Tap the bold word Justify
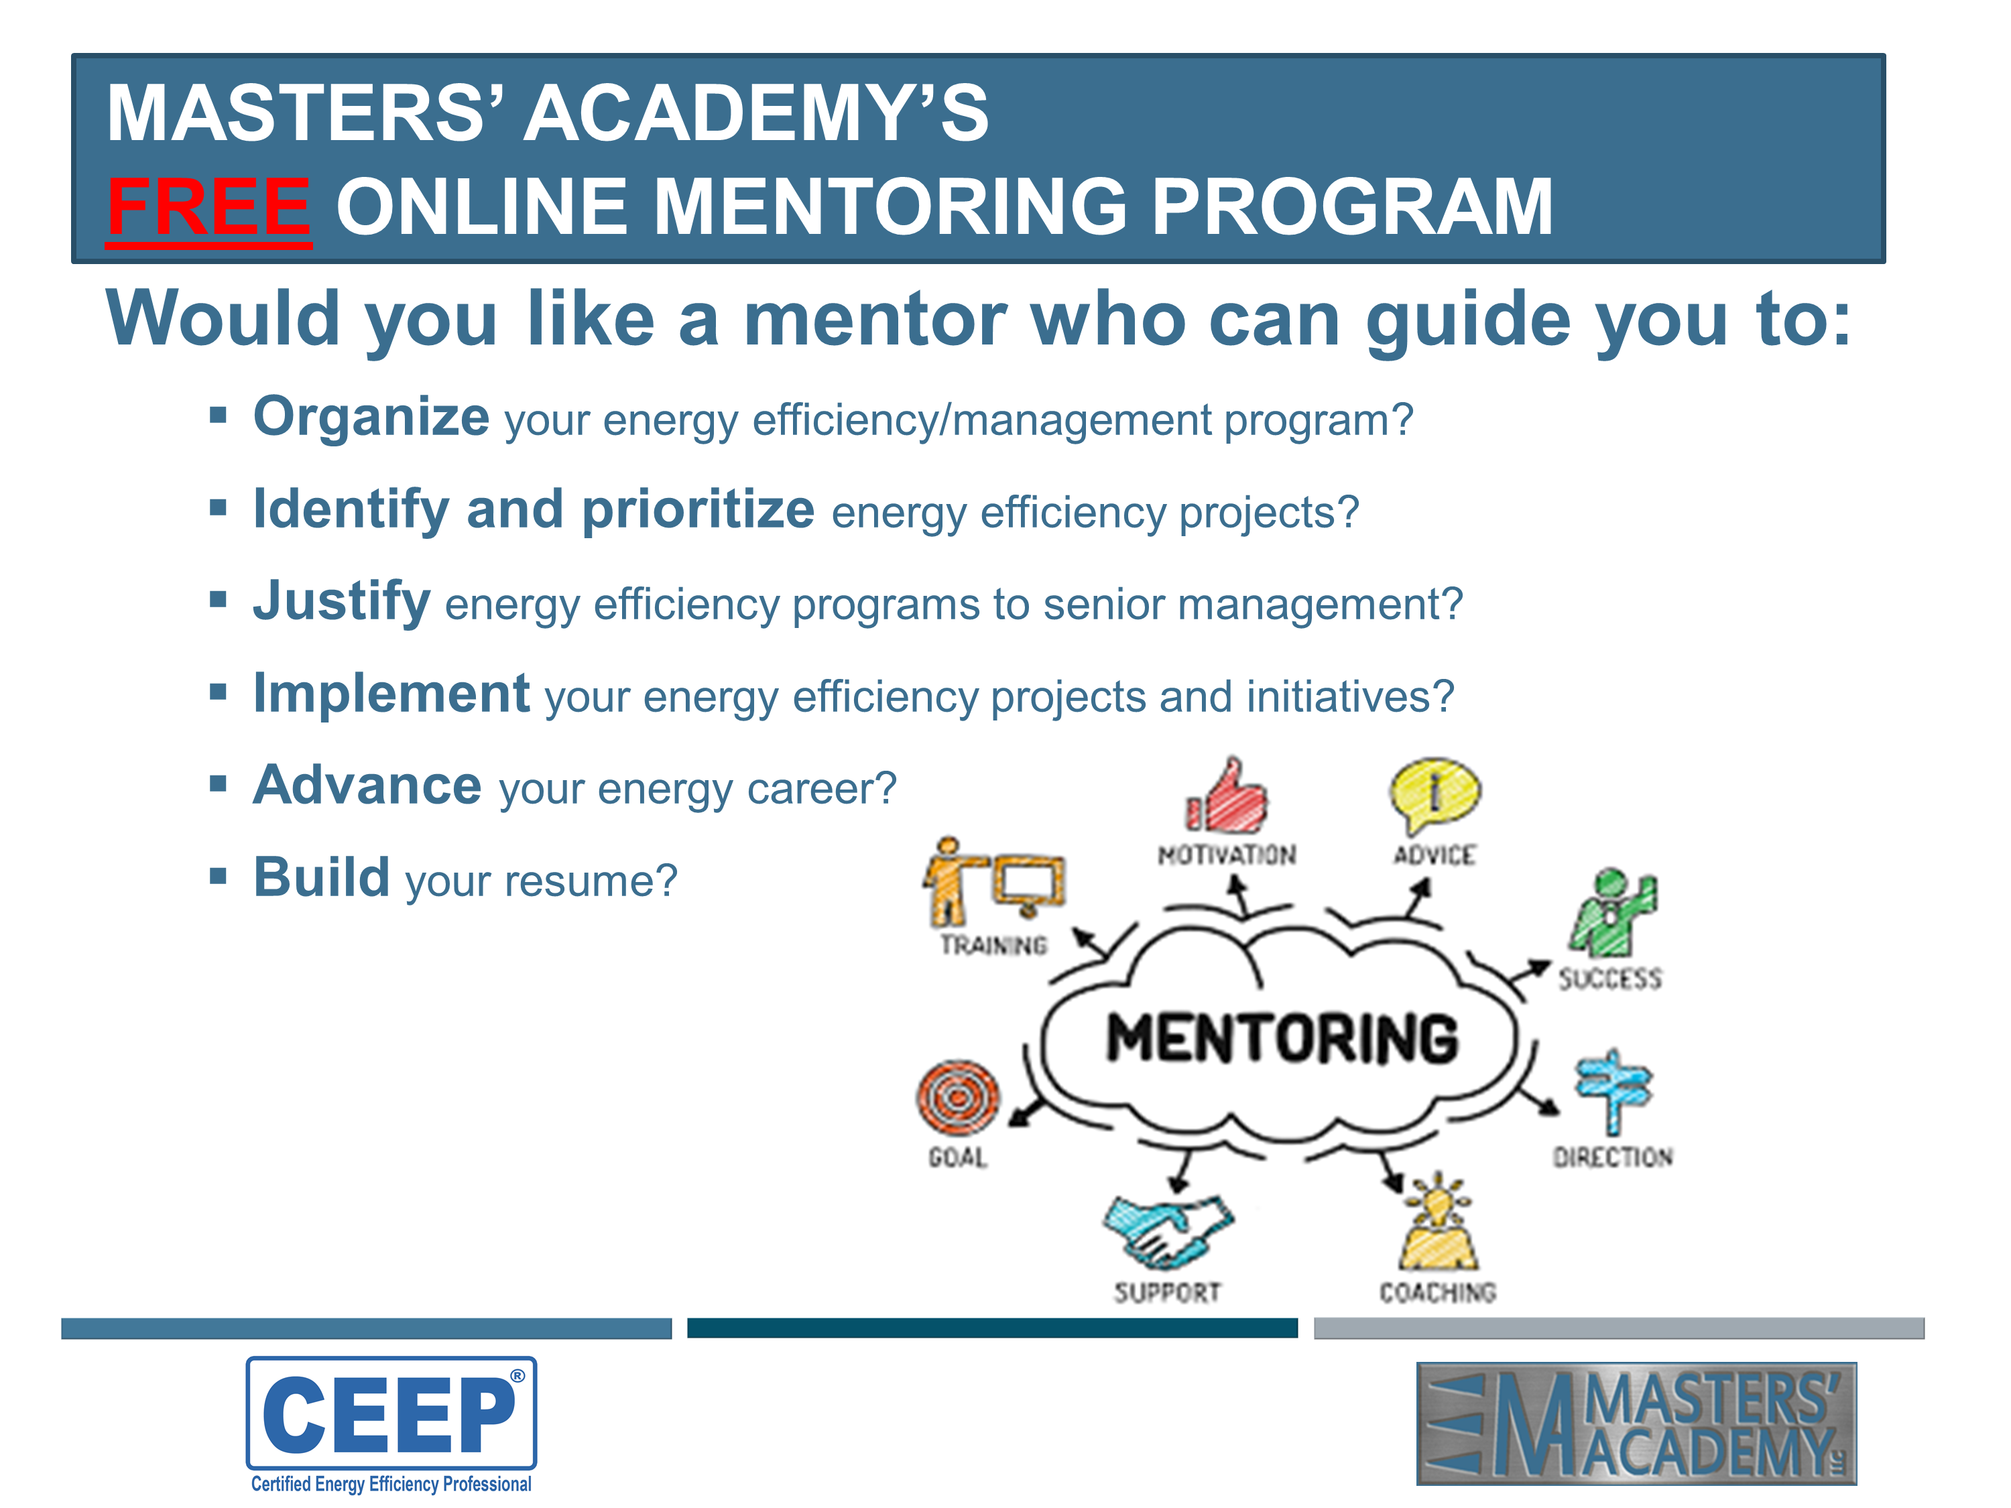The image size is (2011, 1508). click(x=342, y=602)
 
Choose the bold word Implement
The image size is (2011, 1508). click(x=392, y=694)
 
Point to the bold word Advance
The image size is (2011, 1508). click(x=367, y=786)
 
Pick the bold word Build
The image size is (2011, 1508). click(x=322, y=878)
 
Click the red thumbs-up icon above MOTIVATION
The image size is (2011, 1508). click(x=1227, y=796)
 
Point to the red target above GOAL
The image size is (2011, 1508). click(x=957, y=1098)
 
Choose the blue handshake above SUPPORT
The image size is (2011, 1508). click(x=1168, y=1232)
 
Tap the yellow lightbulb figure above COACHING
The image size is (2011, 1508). click(x=1439, y=1222)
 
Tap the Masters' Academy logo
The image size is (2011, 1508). click(x=1636, y=1424)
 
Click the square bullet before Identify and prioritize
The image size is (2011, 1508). click(x=217, y=507)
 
